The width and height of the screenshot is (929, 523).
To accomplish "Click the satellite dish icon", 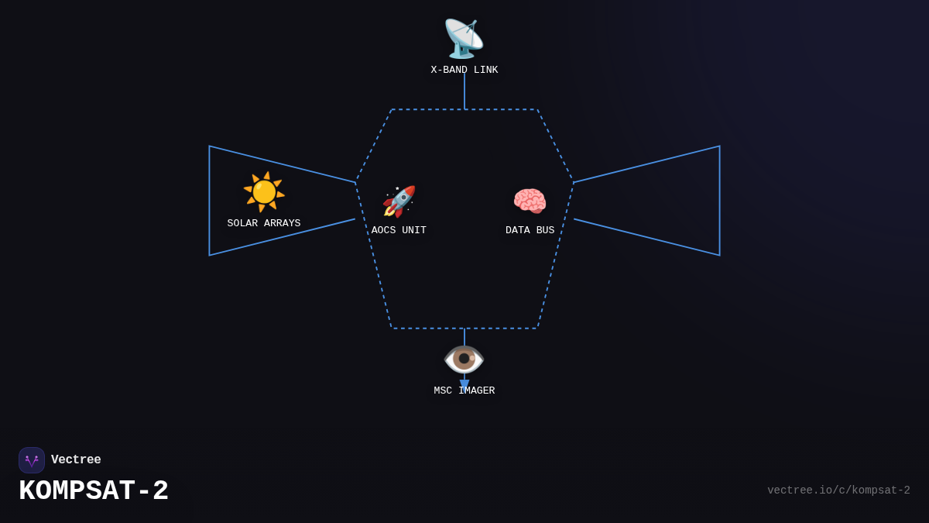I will (x=464, y=39).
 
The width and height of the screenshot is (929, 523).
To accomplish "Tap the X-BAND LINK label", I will (x=464, y=71).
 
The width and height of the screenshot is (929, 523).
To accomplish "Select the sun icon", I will (x=264, y=191).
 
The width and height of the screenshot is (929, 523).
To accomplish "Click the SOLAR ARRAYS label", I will (x=264, y=224).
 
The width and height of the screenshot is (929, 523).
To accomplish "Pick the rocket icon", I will (x=399, y=201).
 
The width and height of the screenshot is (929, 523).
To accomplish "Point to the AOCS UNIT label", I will (x=399, y=231).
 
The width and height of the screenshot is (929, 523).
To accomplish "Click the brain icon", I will (x=530, y=201).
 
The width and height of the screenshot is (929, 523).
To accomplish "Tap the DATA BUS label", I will (x=530, y=231).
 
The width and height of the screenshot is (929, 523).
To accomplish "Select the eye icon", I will (x=464, y=359).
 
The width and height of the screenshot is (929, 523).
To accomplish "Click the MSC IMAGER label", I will (x=464, y=391).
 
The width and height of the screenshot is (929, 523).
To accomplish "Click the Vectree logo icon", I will (x=32, y=460).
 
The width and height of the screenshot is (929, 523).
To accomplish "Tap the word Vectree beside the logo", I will (x=76, y=460).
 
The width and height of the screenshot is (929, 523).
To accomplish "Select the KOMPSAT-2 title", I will (x=94, y=491).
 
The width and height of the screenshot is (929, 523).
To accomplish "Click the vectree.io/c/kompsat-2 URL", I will (x=838, y=490).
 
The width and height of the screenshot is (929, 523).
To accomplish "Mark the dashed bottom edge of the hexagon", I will (x=434, y=329).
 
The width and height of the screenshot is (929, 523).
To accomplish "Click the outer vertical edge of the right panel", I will (x=719, y=201).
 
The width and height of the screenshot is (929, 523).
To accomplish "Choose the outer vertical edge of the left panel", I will (x=209, y=201).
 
